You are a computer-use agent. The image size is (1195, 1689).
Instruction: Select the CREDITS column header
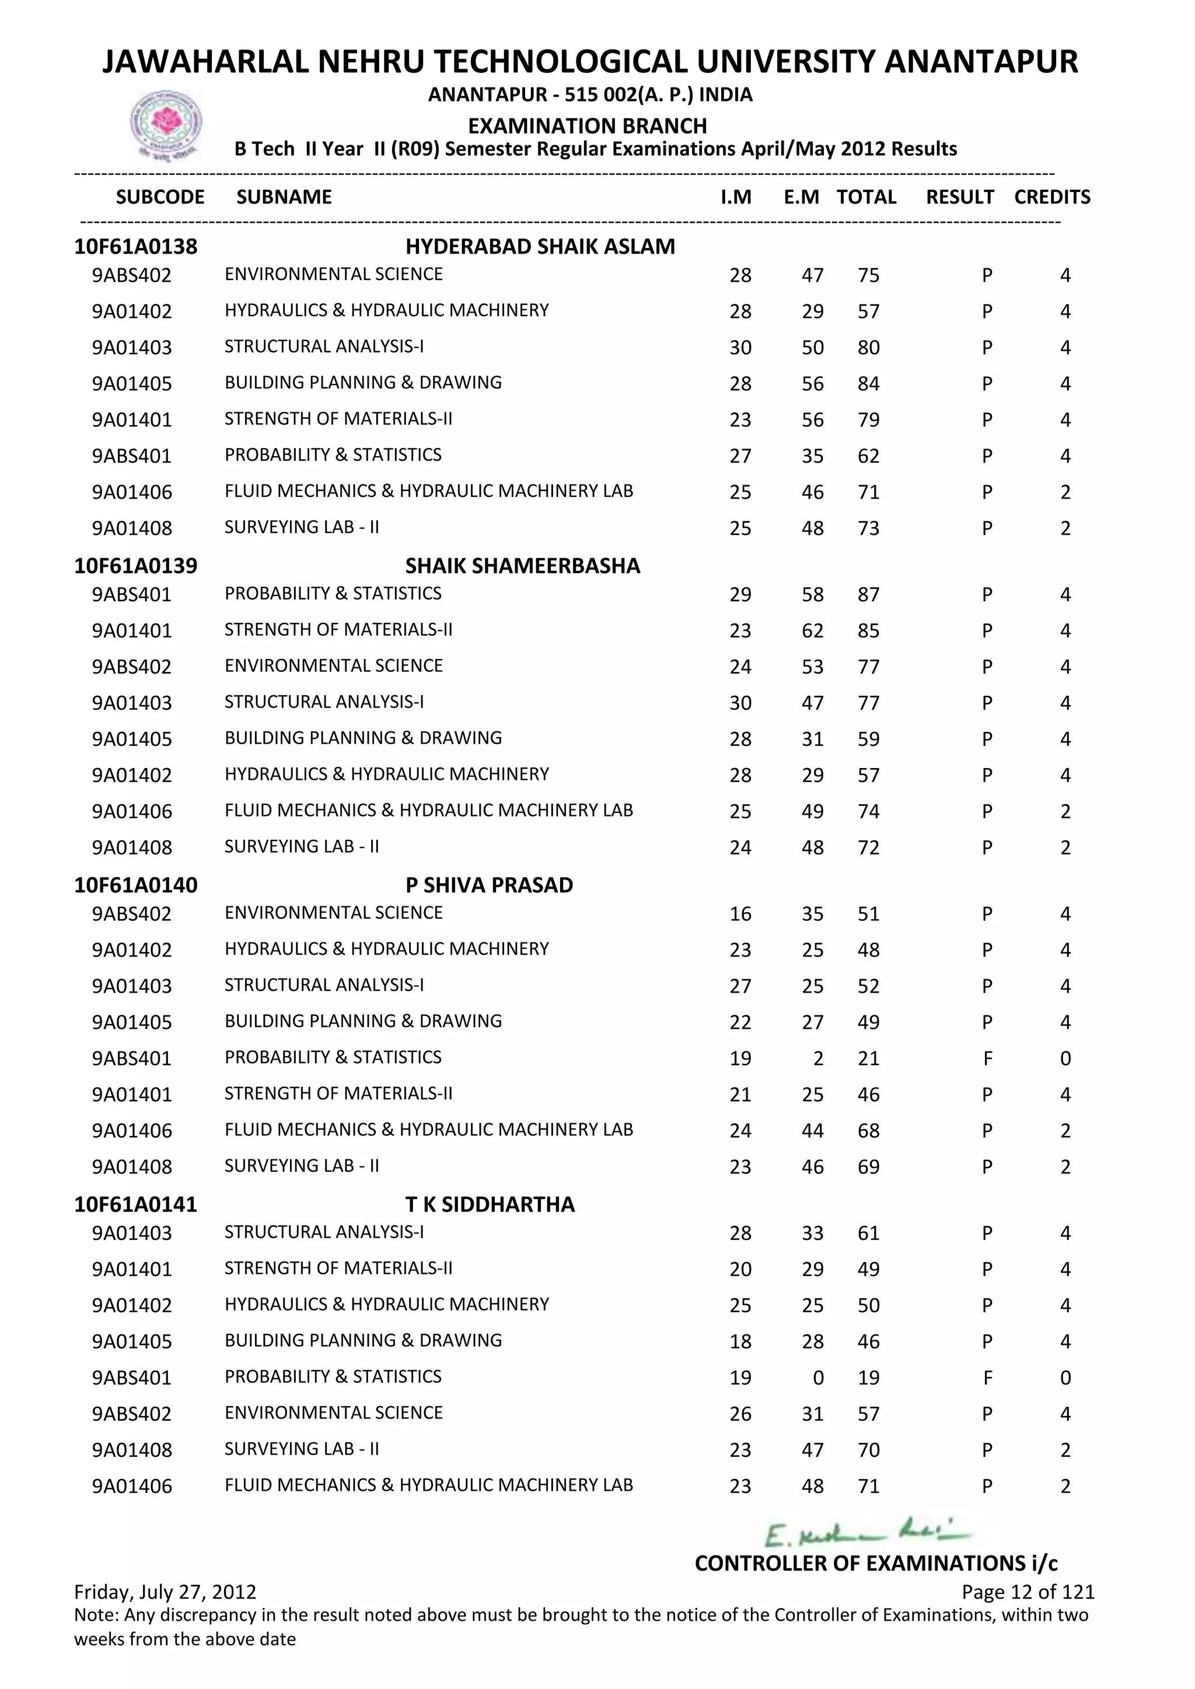1051,197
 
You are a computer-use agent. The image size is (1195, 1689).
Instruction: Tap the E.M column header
801,197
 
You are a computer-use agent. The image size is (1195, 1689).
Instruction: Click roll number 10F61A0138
135,247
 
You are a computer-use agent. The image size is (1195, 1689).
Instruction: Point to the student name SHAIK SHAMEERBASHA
522,566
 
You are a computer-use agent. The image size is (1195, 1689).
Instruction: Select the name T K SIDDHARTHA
490,1204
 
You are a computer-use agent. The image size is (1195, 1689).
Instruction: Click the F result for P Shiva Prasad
987,1059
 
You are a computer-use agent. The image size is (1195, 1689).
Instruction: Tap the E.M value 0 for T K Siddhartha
817,1378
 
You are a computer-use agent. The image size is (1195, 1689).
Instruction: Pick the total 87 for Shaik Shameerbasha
868,594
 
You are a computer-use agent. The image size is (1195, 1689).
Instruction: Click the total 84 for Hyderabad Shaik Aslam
868,384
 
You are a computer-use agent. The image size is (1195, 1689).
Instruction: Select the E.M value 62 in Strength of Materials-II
812,630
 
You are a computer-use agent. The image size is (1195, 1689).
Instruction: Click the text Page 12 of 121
1027,1592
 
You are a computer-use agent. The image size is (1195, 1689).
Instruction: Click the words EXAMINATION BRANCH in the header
587,126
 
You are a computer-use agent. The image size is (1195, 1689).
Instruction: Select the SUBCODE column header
160,197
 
